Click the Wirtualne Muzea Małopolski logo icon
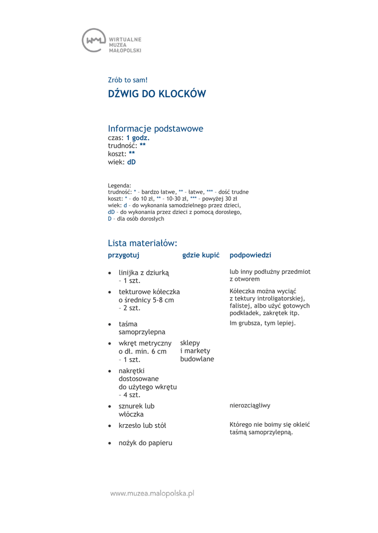(93, 40)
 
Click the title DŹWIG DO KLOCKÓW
(156, 94)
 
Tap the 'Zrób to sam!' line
(128, 80)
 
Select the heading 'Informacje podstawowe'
(155, 128)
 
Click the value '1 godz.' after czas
(138, 138)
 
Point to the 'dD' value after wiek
(131, 162)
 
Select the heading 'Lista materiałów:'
(143, 243)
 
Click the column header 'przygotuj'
(123, 255)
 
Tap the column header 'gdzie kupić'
(201, 255)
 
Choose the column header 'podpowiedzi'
(250, 255)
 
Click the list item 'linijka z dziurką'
(144, 272)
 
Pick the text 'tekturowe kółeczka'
(149, 291)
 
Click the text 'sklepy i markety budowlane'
(197, 351)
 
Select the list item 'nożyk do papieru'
(145, 443)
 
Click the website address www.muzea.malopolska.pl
(152, 493)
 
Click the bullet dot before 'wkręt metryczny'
(109, 344)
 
